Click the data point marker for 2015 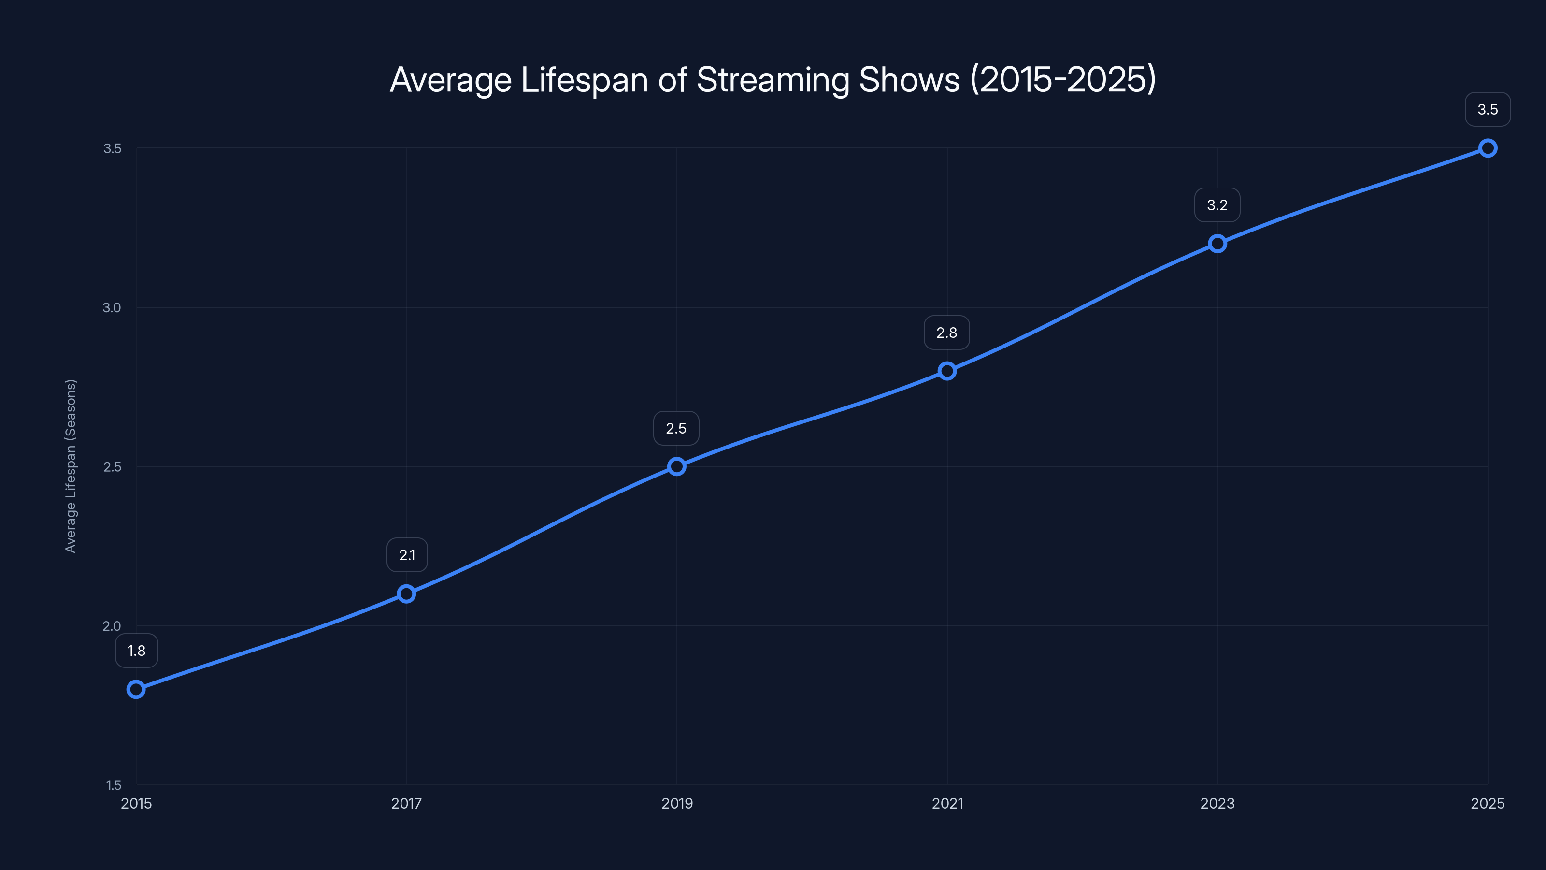click(136, 689)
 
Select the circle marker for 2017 click(406, 594)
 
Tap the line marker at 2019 click(676, 466)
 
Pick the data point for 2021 click(947, 371)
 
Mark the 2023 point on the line click(1217, 243)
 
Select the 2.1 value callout click(407, 555)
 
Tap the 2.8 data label click(946, 333)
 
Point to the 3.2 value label click(1217, 205)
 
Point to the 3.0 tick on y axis click(112, 307)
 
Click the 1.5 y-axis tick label click(114, 785)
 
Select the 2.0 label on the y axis click(112, 625)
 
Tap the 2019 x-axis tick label click(676, 803)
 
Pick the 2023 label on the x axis click(1217, 803)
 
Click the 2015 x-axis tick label click(136, 803)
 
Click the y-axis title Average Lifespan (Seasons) click(71, 466)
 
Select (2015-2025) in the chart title click(1063, 80)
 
